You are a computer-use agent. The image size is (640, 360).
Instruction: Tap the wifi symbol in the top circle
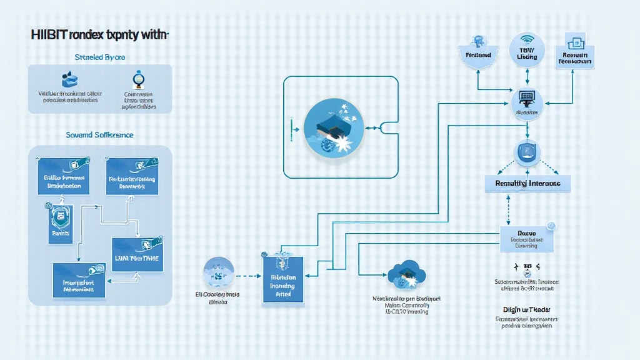click(x=527, y=39)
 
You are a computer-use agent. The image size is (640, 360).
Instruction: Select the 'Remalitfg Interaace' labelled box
click(x=527, y=183)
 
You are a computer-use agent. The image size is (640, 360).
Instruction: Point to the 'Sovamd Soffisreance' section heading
click(x=100, y=134)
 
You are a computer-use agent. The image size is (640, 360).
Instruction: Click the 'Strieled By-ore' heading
click(x=100, y=57)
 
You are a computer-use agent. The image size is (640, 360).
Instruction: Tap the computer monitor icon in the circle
click(x=527, y=101)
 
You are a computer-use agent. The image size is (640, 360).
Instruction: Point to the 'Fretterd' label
click(x=479, y=55)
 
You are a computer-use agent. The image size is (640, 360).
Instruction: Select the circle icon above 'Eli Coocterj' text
click(x=219, y=273)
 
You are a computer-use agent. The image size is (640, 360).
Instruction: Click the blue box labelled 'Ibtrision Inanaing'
click(x=282, y=279)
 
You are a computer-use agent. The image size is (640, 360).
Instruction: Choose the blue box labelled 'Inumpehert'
click(x=79, y=279)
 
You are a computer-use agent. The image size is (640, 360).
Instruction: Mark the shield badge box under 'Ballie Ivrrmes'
click(x=61, y=222)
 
